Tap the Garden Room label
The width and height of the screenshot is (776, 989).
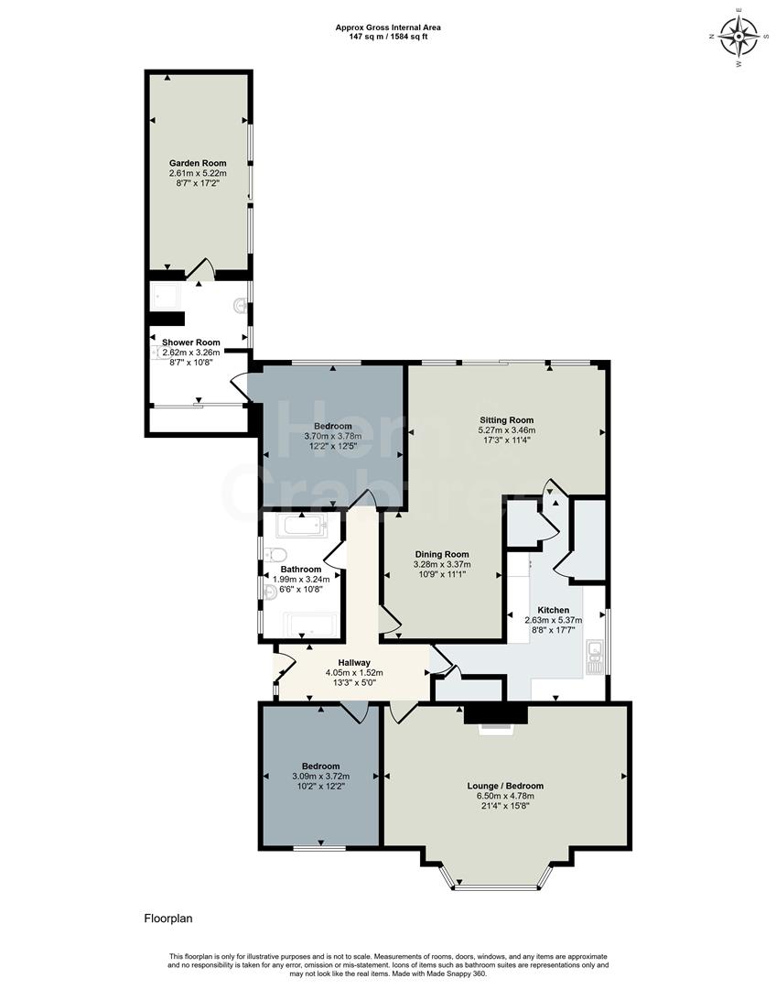[x=197, y=163]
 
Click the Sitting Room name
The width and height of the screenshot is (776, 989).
[x=506, y=419]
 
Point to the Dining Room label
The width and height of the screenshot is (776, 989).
[x=442, y=554]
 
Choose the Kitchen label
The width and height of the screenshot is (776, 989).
[x=553, y=610]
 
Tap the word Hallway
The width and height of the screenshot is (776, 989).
[x=354, y=662]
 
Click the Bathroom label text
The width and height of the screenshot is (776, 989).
[x=301, y=570]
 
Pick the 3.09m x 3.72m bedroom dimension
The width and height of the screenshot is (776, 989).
[x=320, y=776]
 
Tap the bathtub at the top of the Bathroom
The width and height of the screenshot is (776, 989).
[x=301, y=526]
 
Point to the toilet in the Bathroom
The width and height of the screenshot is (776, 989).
[x=277, y=554]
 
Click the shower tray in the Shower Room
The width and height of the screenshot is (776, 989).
[x=167, y=295]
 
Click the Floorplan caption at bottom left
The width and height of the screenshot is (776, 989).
[x=167, y=918]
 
